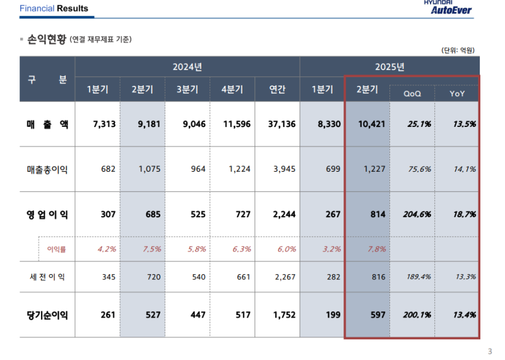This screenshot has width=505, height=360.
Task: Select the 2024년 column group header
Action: click(187, 66)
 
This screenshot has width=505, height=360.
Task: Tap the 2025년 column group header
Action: click(389, 66)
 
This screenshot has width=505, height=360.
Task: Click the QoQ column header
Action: click(412, 93)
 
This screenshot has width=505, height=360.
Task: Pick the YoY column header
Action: click(457, 93)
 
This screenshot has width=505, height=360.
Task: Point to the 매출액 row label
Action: click(47, 124)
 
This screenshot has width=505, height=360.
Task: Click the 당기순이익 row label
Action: click(47, 315)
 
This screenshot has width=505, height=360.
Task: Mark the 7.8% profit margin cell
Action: click(367, 249)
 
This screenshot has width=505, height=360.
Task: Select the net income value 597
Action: click(369, 315)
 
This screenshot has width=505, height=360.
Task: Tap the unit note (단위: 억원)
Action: click(458, 50)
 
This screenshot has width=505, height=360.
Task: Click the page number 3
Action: click(490, 352)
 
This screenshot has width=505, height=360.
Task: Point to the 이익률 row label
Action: click(57, 249)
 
